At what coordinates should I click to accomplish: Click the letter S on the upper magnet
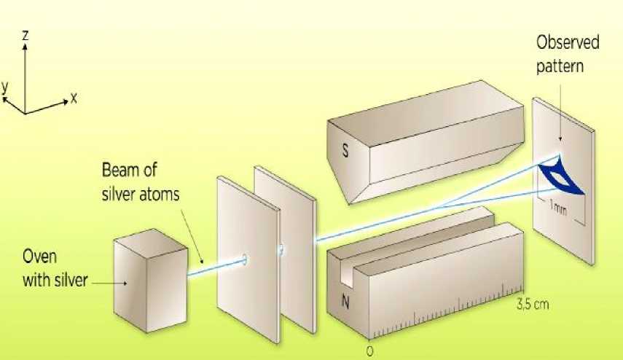pyautogui.click(x=345, y=150)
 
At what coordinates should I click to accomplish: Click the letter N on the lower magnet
pyautogui.click(x=345, y=302)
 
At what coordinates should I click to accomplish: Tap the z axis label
pyautogui.click(x=26, y=36)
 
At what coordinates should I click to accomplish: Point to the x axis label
pyautogui.click(x=74, y=98)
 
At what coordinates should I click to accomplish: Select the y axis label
pyautogui.click(x=5, y=87)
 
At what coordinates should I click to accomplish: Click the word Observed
pyautogui.click(x=568, y=42)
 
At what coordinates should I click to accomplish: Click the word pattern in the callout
pyautogui.click(x=560, y=66)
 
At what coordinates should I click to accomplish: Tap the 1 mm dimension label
pyautogui.click(x=558, y=208)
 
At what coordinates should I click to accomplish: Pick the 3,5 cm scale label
pyautogui.click(x=533, y=305)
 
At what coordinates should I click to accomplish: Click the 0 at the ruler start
pyautogui.click(x=369, y=352)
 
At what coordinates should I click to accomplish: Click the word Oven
pyautogui.click(x=40, y=257)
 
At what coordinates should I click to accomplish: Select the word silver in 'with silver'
pyautogui.click(x=70, y=280)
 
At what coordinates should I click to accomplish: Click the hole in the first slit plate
pyautogui.click(x=244, y=259)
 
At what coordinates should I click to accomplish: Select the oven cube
pyautogui.click(x=151, y=280)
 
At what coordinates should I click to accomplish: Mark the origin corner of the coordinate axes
pyautogui.click(x=26, y=114)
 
